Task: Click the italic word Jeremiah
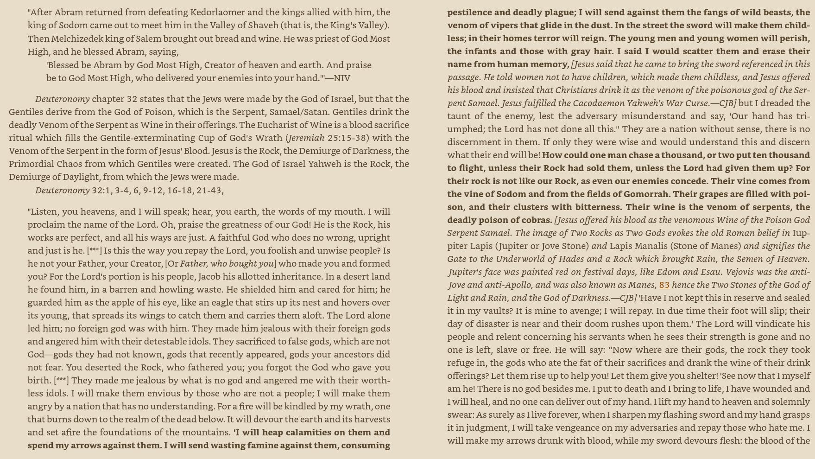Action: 306,138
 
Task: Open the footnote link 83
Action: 664,285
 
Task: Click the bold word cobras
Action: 535,220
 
